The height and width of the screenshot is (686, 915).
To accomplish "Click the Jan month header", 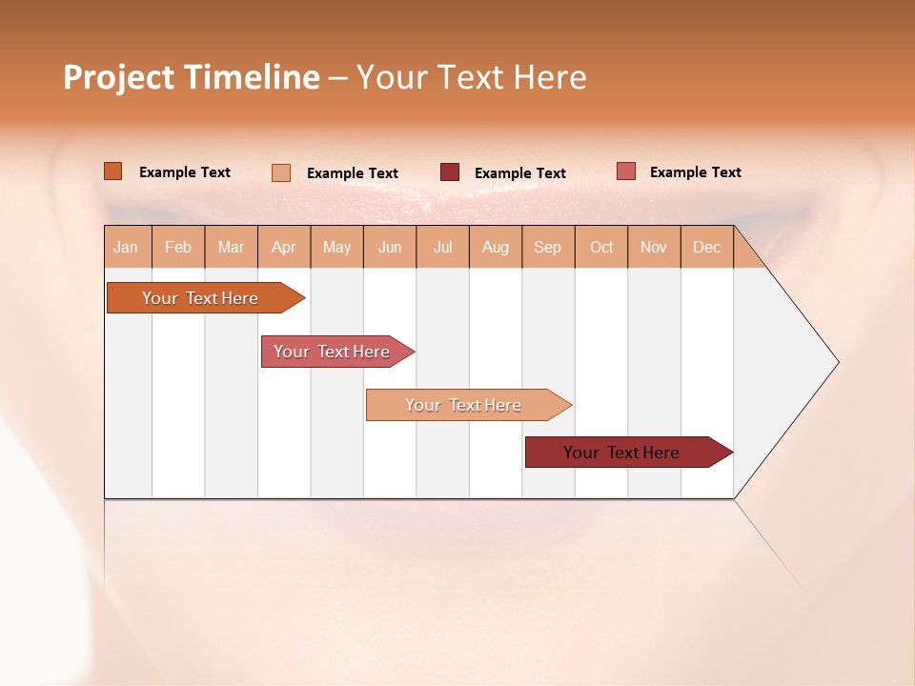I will pyautogui.click(x=127, y=248).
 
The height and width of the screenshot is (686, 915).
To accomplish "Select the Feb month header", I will pyautogui.click(x=178, y=248).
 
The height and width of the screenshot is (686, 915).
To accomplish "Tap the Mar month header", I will pyautogui.click(x=231, y=248).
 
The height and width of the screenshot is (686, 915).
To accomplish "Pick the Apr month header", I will pyautogui.click(x=284, y=248).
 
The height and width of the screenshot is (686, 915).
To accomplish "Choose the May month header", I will pyautogui.click(x=336, y=248).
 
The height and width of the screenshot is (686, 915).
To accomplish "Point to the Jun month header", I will pyautogui.click(x=390, y=248).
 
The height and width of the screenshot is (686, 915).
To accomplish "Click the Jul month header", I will pyautogui.click(x=442, y=248).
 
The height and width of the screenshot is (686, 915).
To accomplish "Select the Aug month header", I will pyautogui.click(x=496, y=248).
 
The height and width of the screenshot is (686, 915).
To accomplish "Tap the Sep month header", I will pyautogui.click(x=548, y=248).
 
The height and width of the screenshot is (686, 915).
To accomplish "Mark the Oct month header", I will pyautogui.click(x=601, y=248).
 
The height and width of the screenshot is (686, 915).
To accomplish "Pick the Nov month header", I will pyautogui.click(x=654, y=248).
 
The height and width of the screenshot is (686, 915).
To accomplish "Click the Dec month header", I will pyautogui.click(x=707, y=248).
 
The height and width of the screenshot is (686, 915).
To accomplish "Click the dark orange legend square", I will pyautogui.click(x=113, y=171).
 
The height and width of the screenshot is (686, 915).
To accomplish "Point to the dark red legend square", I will pyautogui.click(x=450, y=172).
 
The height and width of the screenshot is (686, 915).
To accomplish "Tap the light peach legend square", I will pyautogui.click(x=281, y=172).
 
